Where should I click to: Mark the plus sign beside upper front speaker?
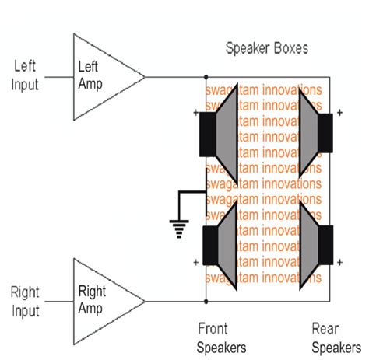[195, 114]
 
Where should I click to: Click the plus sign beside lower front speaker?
[195, 262]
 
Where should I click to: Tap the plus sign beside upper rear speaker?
[343, 114]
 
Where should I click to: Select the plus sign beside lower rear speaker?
[343, 262]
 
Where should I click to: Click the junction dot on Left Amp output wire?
[206, 77]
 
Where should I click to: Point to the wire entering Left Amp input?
[58, 77]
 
